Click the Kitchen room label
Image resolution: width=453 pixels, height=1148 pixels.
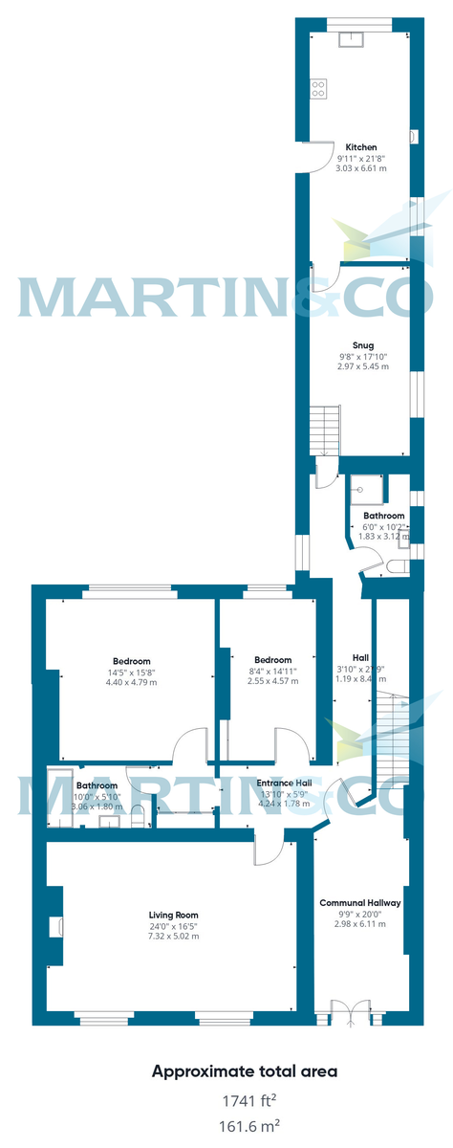click(361, 147)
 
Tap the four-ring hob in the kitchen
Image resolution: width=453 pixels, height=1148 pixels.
click(318, 89)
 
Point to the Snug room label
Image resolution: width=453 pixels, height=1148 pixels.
click(361, 345)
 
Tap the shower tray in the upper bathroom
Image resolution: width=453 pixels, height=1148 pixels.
click(363, 489)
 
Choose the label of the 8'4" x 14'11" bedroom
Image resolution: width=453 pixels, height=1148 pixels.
click(272, 660)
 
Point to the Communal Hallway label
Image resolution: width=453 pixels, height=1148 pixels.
click(360, 902)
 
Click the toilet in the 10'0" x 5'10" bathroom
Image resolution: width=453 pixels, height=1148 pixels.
click(140, 816)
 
